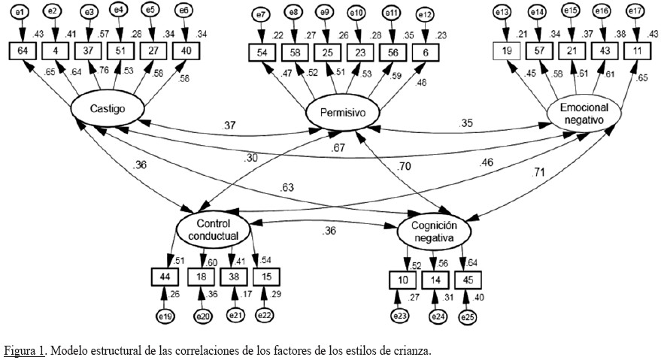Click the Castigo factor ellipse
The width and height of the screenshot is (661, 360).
[107, 110]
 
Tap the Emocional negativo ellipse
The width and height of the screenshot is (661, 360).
[584, 113]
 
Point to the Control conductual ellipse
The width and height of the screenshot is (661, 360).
[212, 228]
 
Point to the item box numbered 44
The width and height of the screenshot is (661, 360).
[165, 277]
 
